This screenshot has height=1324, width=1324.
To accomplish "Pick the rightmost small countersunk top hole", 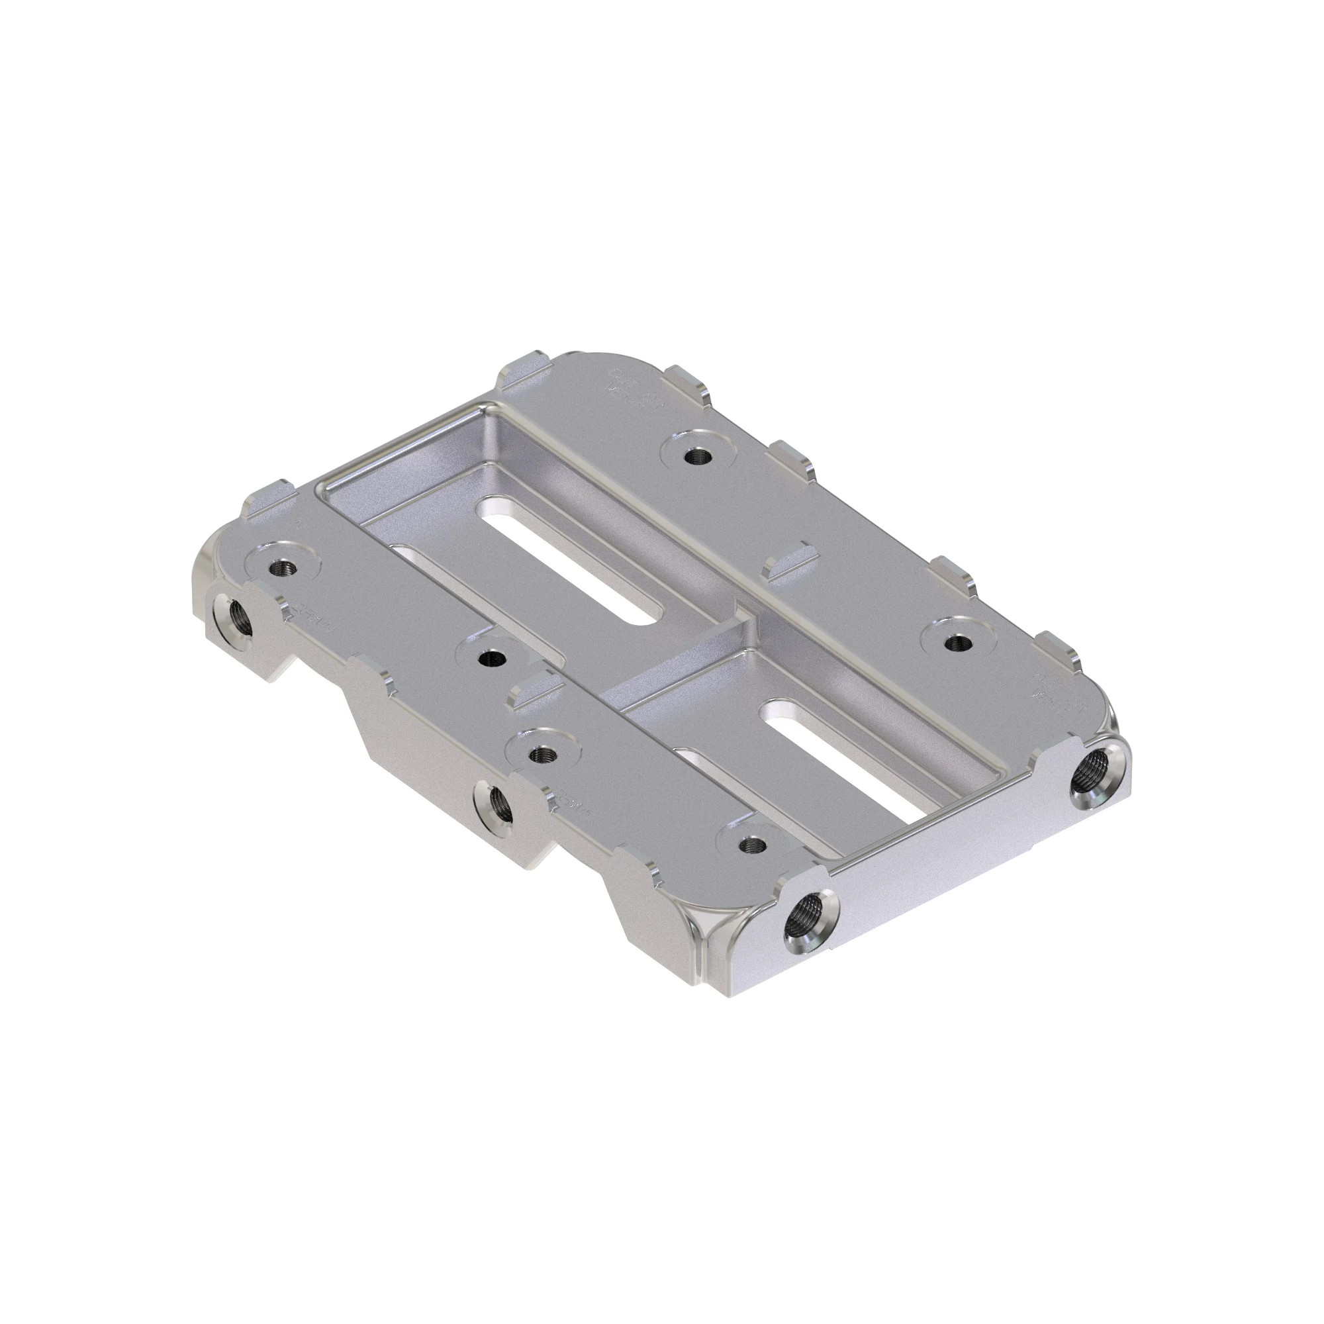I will pyautogui.click(x=957, y=643).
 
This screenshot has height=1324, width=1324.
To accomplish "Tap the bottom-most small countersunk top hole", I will pyautogui.click(x=753, y=844).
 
